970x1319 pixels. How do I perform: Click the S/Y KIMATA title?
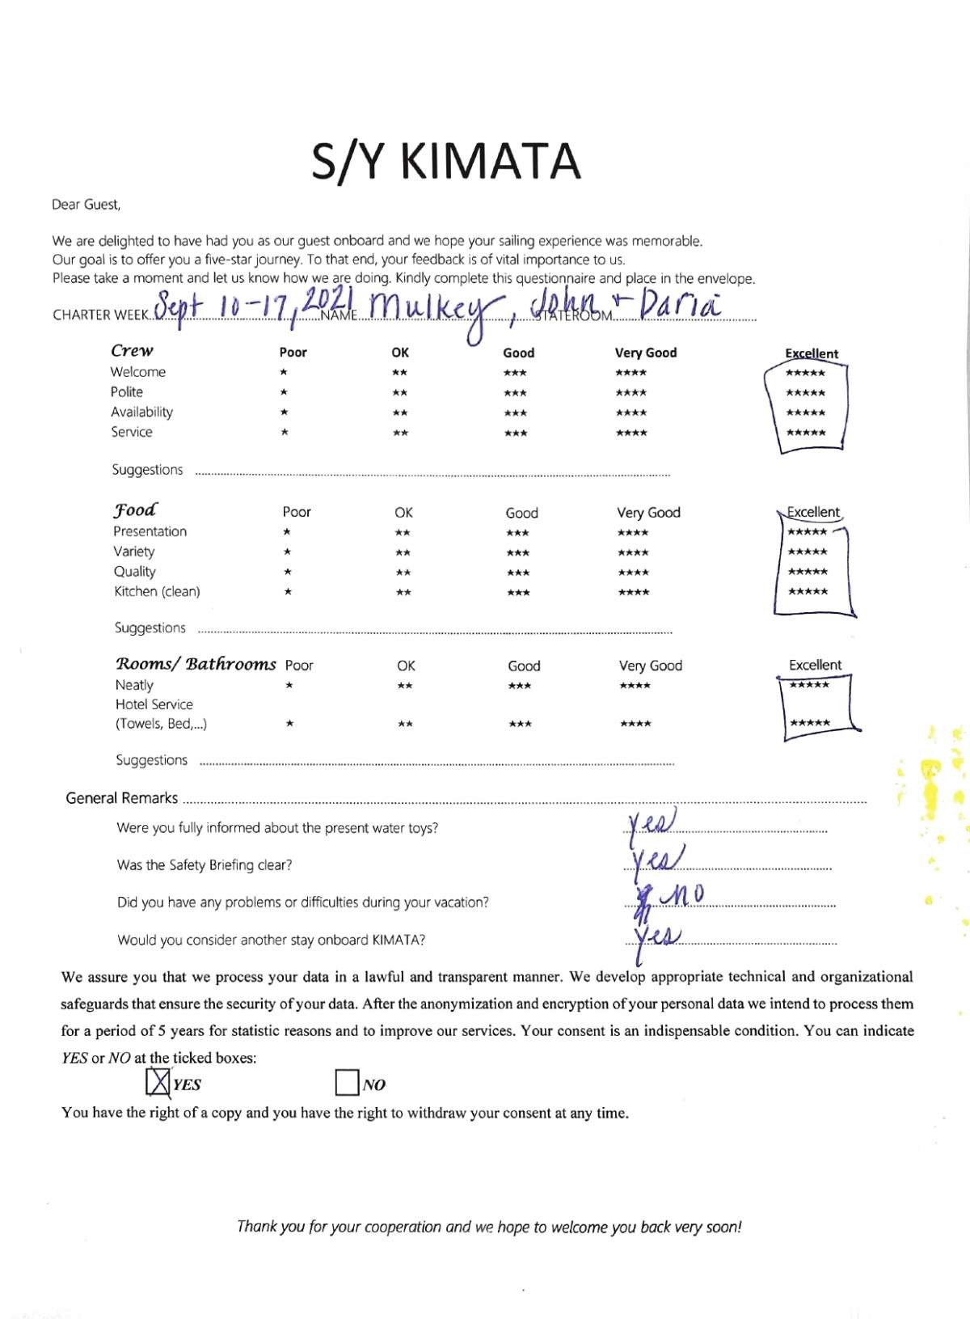[446, 161]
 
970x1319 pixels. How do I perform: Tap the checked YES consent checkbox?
[158, 1083]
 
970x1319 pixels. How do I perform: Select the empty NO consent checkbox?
[347, 1083]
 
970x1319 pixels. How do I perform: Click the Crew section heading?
[132, 351]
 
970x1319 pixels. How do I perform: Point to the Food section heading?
[135, 510]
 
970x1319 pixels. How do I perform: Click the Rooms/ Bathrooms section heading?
[196, 664]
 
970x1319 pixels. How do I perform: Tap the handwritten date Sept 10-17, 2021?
[234, 306]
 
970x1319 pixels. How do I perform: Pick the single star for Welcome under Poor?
[283, 373]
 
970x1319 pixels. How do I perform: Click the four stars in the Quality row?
[633, 573]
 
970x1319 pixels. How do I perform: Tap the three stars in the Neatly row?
[519, 687]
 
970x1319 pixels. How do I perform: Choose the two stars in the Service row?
[400, 433]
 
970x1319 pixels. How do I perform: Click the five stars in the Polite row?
[806, 393]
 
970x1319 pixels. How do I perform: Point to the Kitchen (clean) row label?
[157, 592]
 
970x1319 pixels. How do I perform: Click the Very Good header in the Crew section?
[646, 353]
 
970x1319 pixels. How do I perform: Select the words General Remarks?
[121, 798]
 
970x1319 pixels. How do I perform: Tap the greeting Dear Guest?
[86, 205]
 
